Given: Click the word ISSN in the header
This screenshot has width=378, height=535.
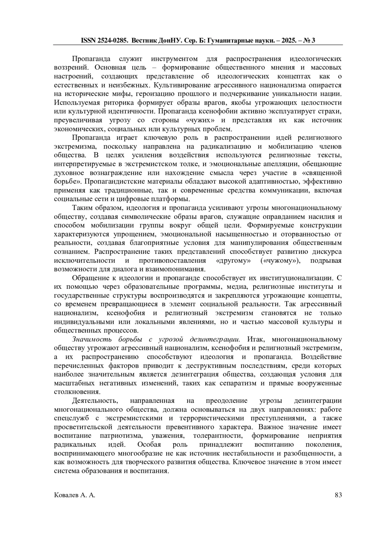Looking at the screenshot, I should click(88, 41).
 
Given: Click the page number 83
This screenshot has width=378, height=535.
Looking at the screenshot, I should click(338, 495).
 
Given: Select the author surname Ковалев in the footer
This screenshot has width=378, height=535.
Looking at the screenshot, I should click(65, 495).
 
